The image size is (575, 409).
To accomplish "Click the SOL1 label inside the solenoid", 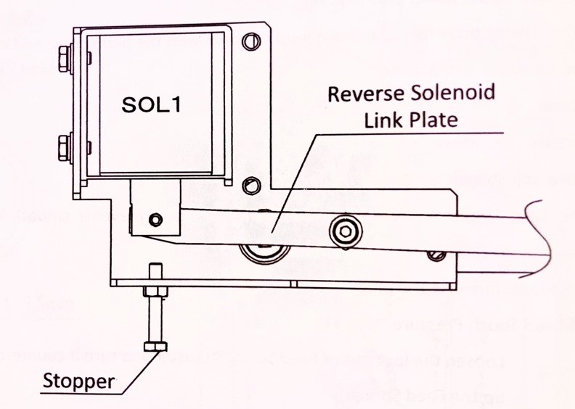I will (x=151, y=104).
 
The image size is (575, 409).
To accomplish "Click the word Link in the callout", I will (x=382, y=119).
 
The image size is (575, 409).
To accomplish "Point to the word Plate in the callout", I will (x=433, y=119).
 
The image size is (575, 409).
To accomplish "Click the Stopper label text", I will (x=78, y=381).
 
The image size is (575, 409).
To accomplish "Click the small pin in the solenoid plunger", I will (x=155, y=218).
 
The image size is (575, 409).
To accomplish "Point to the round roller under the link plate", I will (x=264, y=250).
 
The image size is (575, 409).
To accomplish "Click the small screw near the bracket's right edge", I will (x=436, y=255).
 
